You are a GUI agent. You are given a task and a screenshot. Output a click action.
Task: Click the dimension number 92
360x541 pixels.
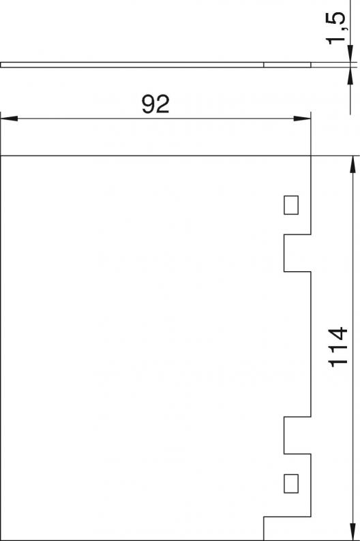click(155, 104)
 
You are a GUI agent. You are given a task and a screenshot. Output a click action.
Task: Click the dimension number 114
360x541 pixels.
click(337, 346)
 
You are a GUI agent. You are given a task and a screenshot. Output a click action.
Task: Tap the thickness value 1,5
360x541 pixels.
click(335, 29)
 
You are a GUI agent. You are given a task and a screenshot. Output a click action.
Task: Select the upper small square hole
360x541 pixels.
click(291, 205)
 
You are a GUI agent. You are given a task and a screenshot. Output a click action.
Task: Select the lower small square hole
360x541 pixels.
click(291, 483)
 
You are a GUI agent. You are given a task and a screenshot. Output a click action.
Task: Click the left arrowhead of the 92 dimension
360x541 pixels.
click(9, 119)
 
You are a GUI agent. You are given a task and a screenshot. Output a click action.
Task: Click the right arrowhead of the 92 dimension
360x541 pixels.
click(302, 119)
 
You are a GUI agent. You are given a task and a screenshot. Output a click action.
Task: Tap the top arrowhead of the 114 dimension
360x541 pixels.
click(352, 164)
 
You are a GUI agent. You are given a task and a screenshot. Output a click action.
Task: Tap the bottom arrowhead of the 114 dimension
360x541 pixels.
click(352, 531)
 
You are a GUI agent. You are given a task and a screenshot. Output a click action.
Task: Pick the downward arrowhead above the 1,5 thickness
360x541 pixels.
click(350, 54)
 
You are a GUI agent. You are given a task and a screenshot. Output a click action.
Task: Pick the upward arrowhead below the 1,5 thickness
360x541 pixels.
click(350, 76)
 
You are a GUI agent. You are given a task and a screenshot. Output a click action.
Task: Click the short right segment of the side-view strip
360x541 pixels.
click(287, 65)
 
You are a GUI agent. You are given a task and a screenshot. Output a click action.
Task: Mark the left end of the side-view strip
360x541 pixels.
click(1, 65)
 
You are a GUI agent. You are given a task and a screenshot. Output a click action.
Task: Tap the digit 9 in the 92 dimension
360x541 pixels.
click(149, 104)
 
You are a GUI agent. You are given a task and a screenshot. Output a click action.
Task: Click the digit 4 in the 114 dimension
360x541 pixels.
click(337, 333)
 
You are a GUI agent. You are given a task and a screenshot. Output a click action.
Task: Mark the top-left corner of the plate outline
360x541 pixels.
click(1, 156)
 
